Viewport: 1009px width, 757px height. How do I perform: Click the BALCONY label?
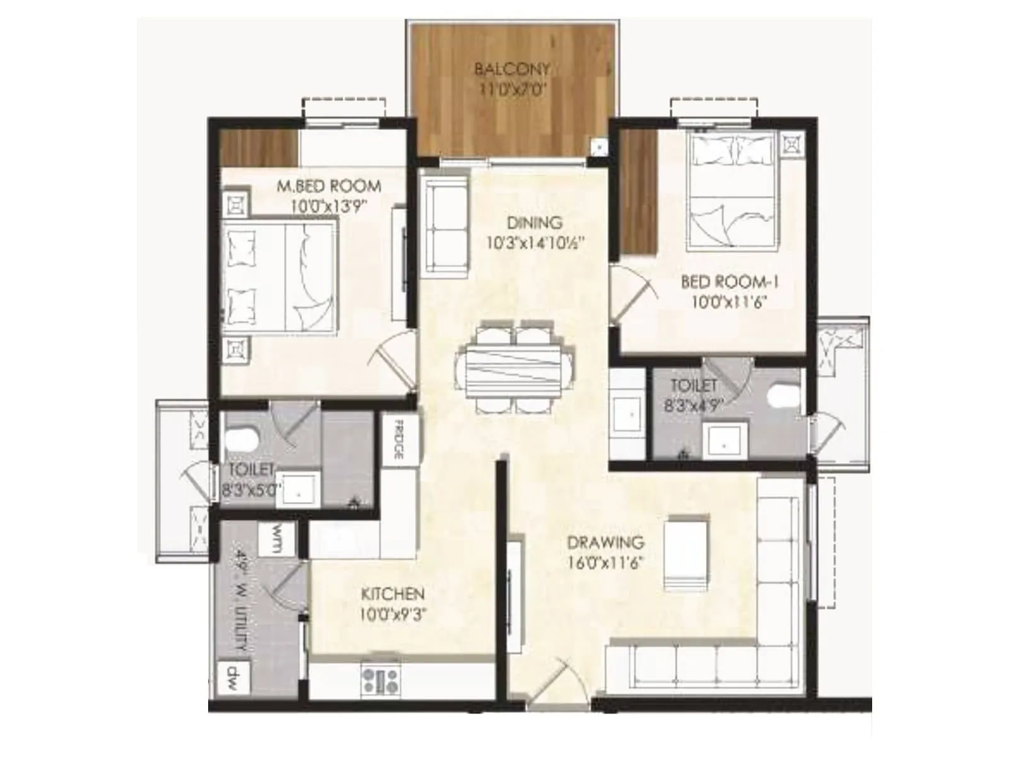point(512,69)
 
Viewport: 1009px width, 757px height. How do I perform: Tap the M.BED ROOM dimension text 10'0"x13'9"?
point(329,206)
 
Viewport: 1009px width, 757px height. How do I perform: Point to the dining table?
point(515,371)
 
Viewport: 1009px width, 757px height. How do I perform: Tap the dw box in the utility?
point(233,678)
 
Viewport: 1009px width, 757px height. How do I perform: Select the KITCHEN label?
point(393,594)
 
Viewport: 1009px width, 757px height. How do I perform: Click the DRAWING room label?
point(605,543)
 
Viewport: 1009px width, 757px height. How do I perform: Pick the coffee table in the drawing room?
point(686,552)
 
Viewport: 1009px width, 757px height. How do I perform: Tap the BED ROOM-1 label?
point(730,282)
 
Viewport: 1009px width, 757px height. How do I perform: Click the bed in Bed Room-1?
point(732,189)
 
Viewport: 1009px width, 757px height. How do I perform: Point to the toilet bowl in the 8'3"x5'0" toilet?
point(242,439)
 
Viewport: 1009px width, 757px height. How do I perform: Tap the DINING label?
point(534,223)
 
